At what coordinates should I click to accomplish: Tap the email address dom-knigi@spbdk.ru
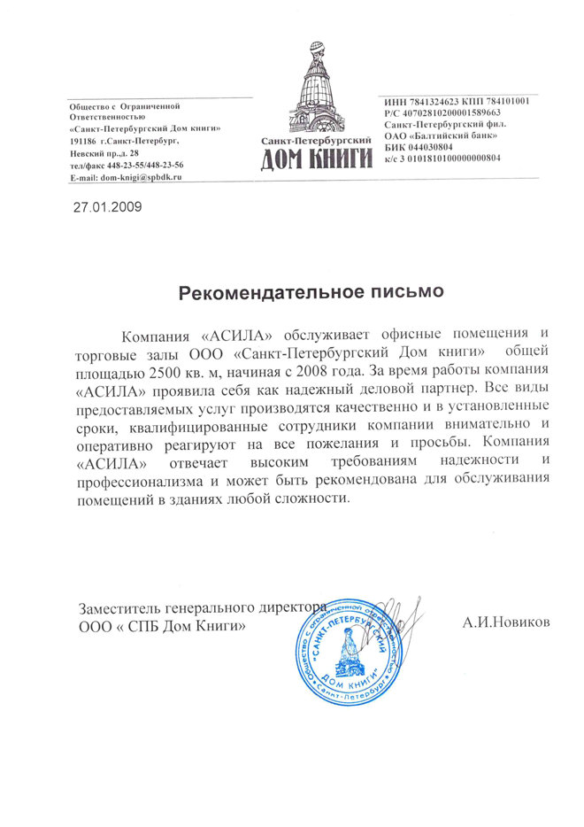click(x=140, y=178)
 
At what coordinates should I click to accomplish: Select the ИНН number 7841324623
click(x=433, y=101)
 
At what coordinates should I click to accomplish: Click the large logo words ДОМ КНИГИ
click(x=315, y=160)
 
